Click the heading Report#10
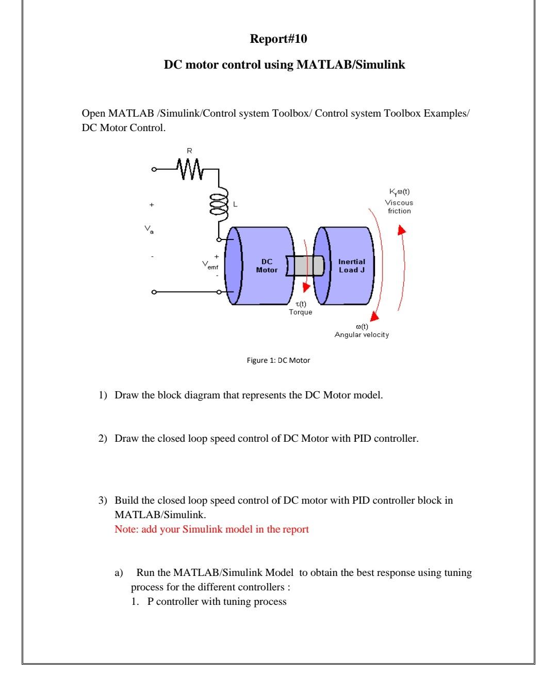[278, 39]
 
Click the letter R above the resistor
[189, 151]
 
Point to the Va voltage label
[149, 228]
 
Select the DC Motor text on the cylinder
[266, 266]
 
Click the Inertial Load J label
[351, 266]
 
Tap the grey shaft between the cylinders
[305, 265]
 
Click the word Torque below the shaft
[300, 312]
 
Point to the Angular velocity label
[362, 335]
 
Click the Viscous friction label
[399, 207]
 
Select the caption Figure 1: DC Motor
[278, 360]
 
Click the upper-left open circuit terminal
[153, 169]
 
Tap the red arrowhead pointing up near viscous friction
[402, 231]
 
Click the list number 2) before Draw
[103, 439]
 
